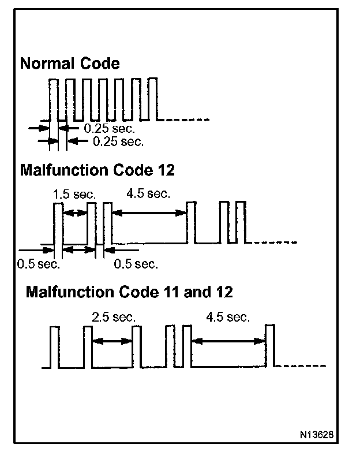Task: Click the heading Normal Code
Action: pos(70,64)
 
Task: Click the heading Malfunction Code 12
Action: pos(97,170)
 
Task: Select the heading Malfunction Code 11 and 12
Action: pos(129,292)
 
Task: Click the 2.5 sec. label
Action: pos(114,317)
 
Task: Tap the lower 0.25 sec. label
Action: pos(118,141)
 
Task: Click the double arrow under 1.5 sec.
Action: pos(74,213)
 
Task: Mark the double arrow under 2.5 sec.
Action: pos(112,341)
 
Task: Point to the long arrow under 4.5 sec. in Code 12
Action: pos(149,213)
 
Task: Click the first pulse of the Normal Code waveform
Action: pos(53,99)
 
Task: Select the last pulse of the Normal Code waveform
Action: pos(153,99)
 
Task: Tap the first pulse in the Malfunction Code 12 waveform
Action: pos(57,222)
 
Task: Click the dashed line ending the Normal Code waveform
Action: pos(187,120)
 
